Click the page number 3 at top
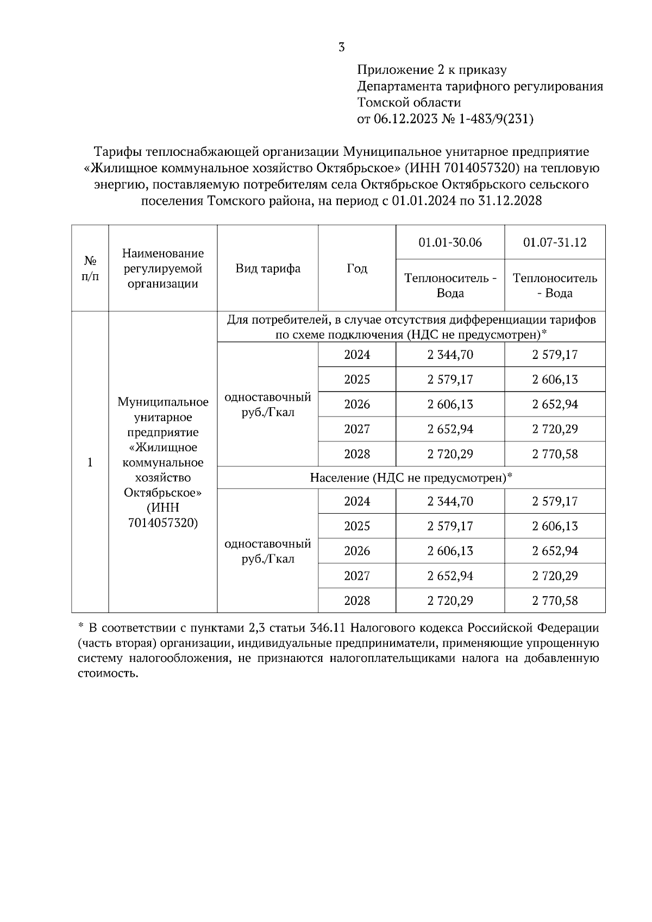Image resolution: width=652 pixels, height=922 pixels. click(x=341, y=48)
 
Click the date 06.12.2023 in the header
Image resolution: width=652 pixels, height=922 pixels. click(x=405, y=119)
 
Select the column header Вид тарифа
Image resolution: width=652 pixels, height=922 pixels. click(x=268, y=269)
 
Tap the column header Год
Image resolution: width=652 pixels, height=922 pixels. click(x=357, y=269)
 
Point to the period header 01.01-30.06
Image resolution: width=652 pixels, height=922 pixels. click(x=450, y=243)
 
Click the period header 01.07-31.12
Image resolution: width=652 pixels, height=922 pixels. click(x=555, y=243)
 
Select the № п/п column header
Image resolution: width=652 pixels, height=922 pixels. click(x=90, y=269)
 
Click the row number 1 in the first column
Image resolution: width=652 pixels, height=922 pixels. click(x=90, y=463)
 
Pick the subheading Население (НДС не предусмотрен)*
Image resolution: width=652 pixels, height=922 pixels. click(x=411, y=478)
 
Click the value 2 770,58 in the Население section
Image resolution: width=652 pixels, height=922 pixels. click(x=555, y=601)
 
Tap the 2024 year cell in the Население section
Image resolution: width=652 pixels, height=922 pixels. click(x=357, y=502)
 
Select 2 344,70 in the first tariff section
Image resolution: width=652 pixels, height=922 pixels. click(x=450, y=355)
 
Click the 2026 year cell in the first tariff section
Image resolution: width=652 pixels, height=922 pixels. click(x=357, y=405)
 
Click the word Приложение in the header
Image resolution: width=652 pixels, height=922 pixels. click(x=389, y=70)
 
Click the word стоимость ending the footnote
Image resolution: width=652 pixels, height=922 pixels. click(x=107, y=674)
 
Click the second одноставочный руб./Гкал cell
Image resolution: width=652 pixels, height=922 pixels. click(x=268, y=551)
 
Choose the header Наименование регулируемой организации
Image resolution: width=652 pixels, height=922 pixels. click(x=163, y=269)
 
